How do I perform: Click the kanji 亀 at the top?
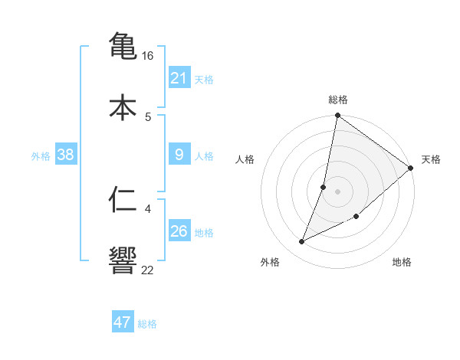123,45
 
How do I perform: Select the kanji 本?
123,106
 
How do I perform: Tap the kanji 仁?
123,199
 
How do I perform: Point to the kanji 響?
123,260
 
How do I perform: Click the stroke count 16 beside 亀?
148,56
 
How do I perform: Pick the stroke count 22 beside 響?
148,270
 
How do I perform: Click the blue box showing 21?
179,78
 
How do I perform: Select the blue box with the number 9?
179,155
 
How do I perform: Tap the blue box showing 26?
179,231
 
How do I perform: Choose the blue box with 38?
66,155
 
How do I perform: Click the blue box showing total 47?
123,322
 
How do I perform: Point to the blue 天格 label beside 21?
204,80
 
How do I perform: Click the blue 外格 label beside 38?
41,156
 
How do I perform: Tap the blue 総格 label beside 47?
147,324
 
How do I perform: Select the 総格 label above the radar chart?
338,100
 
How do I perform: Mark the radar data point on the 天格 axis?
411,169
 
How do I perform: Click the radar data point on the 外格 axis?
302,242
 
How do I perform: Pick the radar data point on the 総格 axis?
337,116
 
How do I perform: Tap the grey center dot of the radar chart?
337,191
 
